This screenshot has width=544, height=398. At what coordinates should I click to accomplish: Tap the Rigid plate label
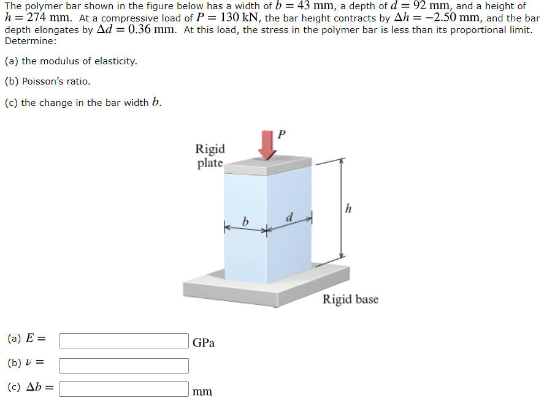[x=210, y=156]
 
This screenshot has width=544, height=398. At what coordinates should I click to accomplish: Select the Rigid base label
[x=350, y=299]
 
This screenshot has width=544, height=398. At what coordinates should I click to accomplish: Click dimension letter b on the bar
[x=245, y=222]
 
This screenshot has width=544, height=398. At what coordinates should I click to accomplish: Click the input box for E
[x=123, y=340]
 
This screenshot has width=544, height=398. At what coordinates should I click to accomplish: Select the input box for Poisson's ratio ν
[x=123, y=365]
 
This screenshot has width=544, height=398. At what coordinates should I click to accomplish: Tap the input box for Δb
[x=123, y=389]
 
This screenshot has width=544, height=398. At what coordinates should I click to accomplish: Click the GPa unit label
[x=204, y=342]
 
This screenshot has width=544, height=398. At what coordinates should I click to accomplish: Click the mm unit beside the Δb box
[x=202, y=391]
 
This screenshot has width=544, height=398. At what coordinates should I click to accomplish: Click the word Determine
[x=30, y=41]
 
